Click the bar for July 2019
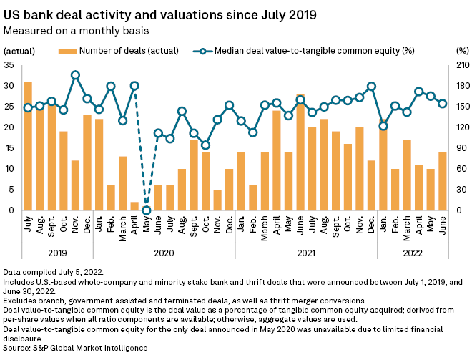point(28,146)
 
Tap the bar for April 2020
point(134,206)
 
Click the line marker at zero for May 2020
point(147,210)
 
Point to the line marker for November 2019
point(75,74)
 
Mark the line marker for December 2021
point(371,86)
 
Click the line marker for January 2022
point(383,126)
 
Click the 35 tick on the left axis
point(9,64)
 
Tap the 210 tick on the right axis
point(461,64)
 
